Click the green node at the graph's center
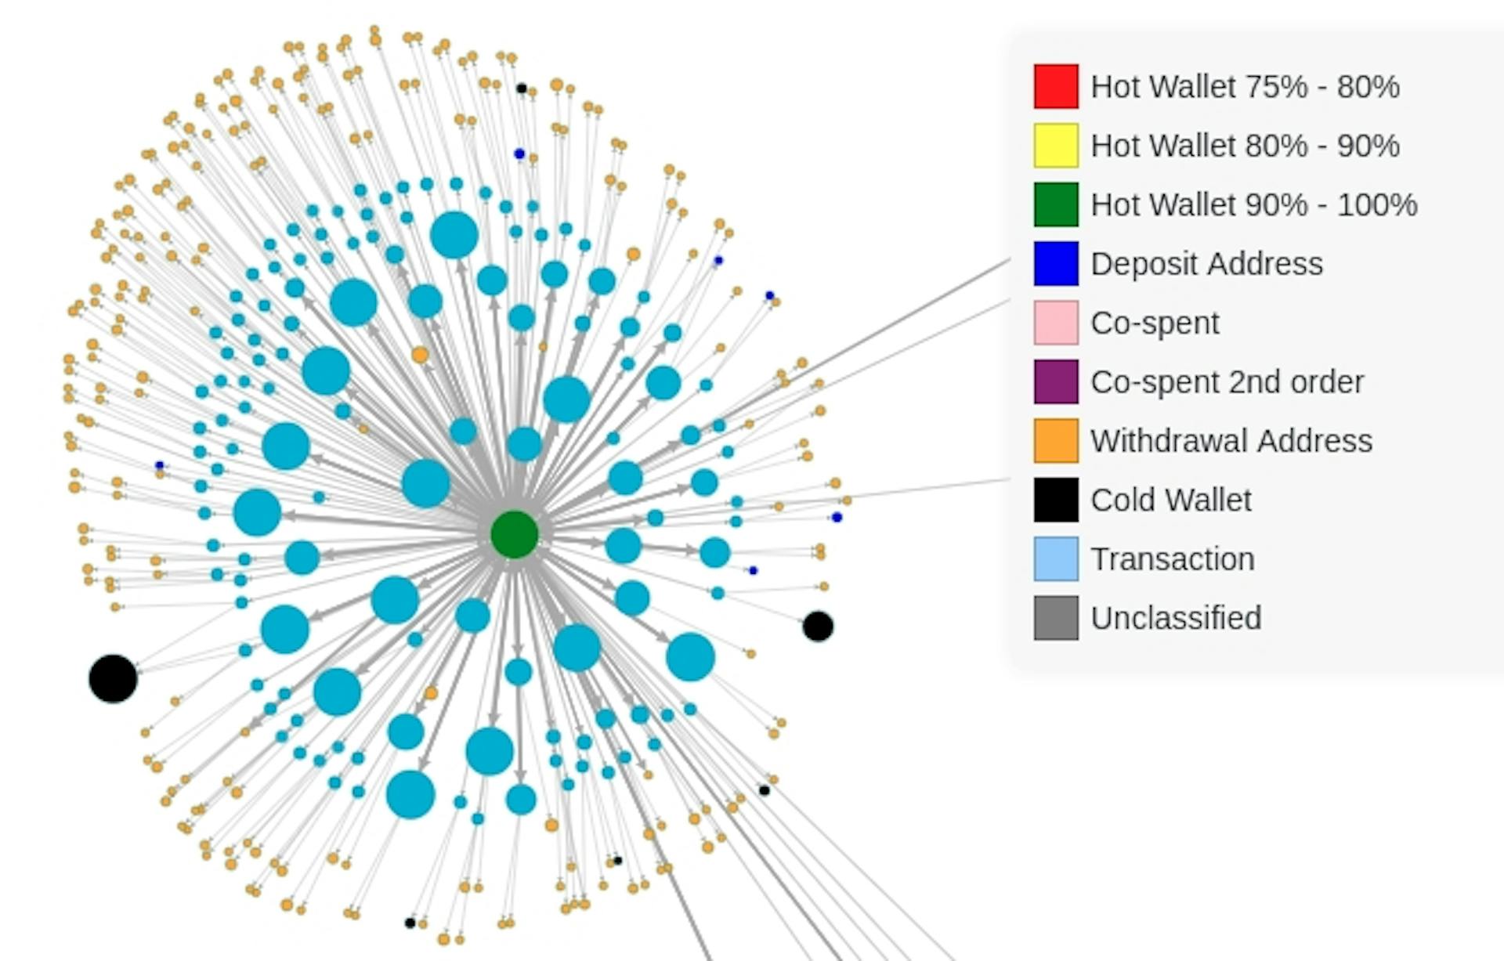click(x=515, y=534)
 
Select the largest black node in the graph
click(x=113, y=678)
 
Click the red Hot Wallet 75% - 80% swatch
click(x=1056, y=86)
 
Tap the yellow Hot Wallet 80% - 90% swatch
click(x=1056, y=146)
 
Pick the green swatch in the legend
click(x=1056, y=204)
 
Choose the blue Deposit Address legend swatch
click(x=1056, y=263)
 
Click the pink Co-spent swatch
click(x=1056, y=323)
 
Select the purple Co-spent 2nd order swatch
click(x=1056, y=381)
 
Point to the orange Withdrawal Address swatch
click(x=1056, y=440)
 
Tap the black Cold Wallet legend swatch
click(x=1056, y=500)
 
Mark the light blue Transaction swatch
click(x=1056, y=558)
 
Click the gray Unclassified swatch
click(x=1056, y=618)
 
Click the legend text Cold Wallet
click(x=1171, y=500)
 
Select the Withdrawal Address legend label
click(x=1231, y=441)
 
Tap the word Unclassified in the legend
click(x=1176, y=618)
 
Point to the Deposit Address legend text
click(x=1206, y=264)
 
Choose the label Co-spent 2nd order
click(x=1227, y=382)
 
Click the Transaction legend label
click(x=1173, y=559)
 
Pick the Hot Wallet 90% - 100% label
click(x=1254, y=205)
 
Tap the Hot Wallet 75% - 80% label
click(x=1245, y=87)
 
